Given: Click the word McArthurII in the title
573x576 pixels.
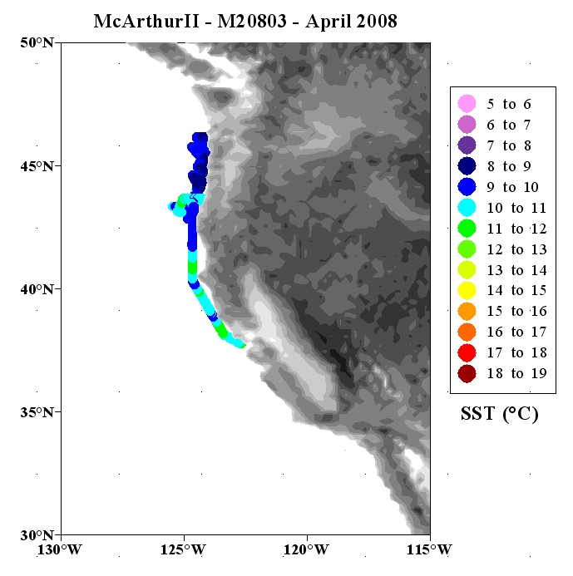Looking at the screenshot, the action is click(x=146, y=21).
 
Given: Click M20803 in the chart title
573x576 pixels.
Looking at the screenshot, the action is click(x=252, y=21).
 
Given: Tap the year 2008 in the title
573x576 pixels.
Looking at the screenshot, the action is click(x=377, y=21).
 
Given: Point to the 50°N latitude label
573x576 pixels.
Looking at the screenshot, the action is click(x=37, y=42).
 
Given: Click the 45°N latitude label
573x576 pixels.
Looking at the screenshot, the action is click(x=37, y=166).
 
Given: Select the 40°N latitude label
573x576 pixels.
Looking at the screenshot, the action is click(x=37, y=289).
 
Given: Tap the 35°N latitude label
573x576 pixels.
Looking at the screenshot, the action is click(x=37, y=412).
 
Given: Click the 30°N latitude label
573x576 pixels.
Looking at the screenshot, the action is click(x=37, y=535).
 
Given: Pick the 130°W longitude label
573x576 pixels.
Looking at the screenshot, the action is click(x=60, y=550).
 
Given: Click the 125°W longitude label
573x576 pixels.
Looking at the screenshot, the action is click(x=183, y=550).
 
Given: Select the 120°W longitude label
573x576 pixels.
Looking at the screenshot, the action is click(x=306, y=550).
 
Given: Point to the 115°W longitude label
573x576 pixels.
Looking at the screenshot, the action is click(x=429, y=550).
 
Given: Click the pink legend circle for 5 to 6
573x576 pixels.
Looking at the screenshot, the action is click(x=467, y=104).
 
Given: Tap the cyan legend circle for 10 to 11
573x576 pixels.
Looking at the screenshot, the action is click(x=467, y=208).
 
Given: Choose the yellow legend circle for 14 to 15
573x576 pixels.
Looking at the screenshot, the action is click(x=467, y=290).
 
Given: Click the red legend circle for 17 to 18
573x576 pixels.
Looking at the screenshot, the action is click(x=467, y=352).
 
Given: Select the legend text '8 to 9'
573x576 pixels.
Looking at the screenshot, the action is click(x=509, y=166).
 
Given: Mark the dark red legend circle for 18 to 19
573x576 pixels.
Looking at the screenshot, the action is click(x=467, y=373).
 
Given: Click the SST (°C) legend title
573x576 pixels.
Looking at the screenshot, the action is click(x=500, y=414).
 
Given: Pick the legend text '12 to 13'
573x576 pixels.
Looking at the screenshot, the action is click(x=516, y=249).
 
